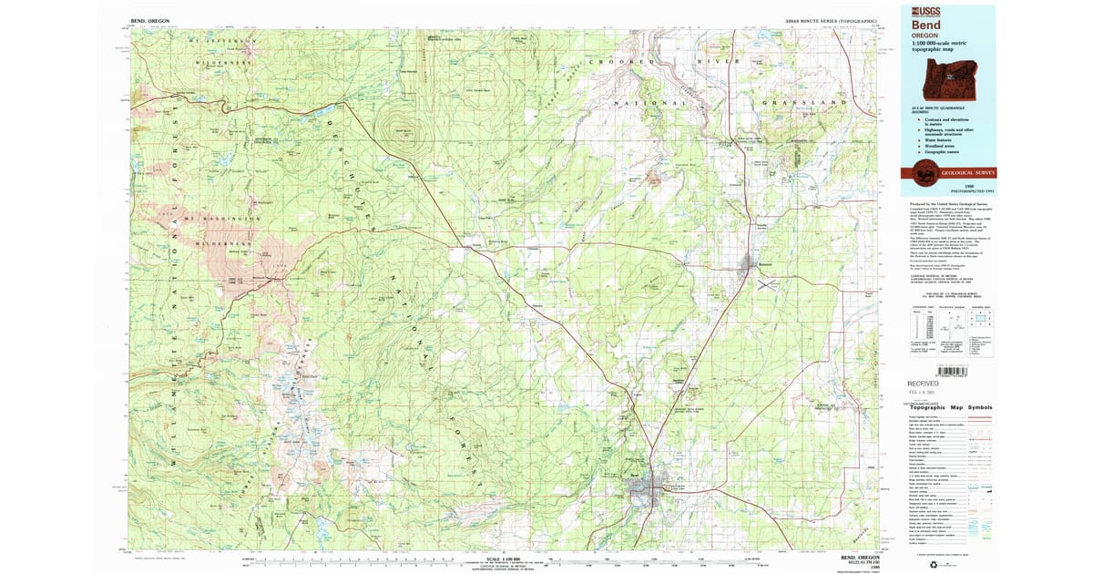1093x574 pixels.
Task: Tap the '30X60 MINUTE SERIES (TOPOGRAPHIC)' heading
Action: [x=830, y=19]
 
